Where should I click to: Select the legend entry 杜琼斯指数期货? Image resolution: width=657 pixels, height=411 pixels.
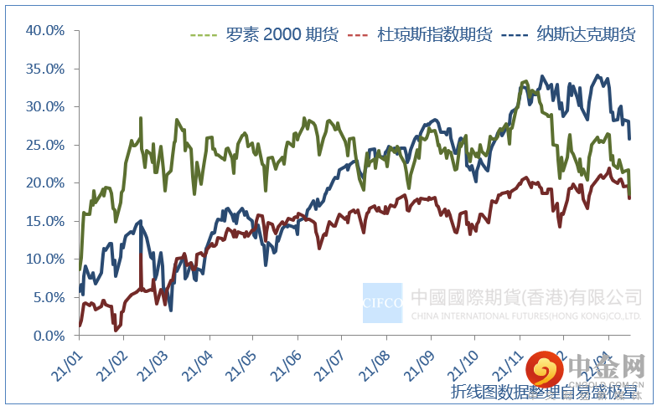tap(433, 35)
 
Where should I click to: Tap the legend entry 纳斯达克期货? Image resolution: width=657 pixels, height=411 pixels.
tap(586, 35)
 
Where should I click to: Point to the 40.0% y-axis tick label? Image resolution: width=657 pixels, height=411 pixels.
tap(46, 30)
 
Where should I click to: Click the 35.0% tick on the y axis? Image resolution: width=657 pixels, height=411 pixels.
tap(46, 69)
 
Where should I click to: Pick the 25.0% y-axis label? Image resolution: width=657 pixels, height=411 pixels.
tap(46, 145)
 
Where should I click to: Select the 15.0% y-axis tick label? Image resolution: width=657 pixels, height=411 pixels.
tap(46, 221)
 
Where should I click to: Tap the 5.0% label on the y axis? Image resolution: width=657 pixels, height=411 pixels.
tap(49, 297)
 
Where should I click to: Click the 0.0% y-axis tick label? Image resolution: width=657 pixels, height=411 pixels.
tap(49, 336)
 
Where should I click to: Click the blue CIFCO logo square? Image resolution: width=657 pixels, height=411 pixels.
tap(382, 302)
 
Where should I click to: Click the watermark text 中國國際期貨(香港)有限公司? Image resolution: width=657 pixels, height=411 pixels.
tap(526, 297)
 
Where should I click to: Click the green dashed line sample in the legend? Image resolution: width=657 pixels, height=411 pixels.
tap(204, 35)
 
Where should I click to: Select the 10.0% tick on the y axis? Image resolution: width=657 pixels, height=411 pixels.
tap(46, 259)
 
